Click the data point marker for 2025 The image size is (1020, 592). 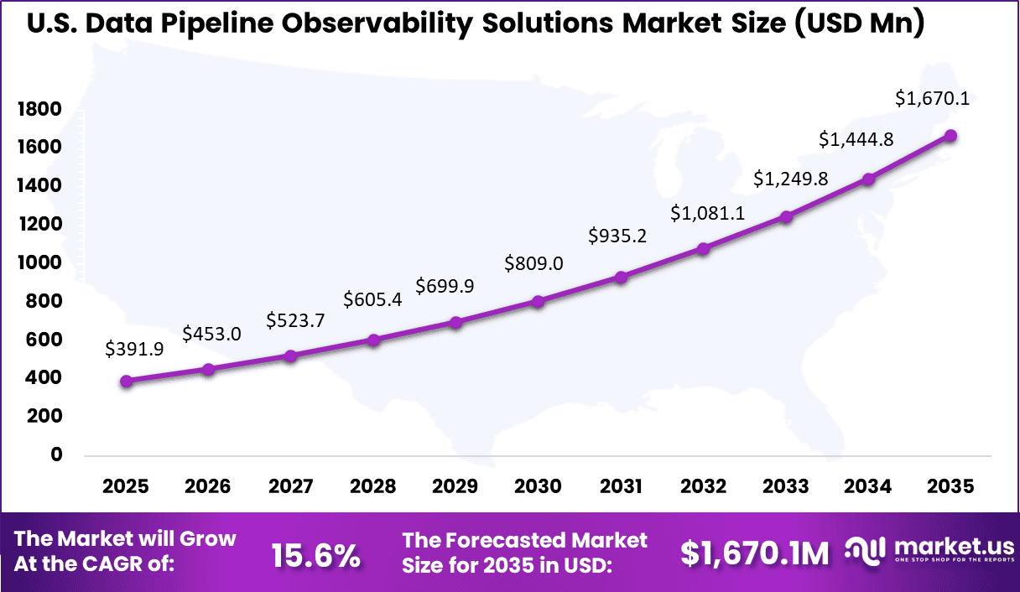127,381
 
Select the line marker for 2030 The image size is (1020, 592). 539,301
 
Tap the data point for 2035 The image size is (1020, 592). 950,136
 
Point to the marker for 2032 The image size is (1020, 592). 703,248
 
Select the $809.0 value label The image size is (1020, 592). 533,263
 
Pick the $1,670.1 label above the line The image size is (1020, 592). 932,99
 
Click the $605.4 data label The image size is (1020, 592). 373,299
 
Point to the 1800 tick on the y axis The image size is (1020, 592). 39,109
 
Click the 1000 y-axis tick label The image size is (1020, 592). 39,262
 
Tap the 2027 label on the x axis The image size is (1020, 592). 290,487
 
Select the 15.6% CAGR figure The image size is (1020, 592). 315,554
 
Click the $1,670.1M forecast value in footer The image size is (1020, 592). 754,553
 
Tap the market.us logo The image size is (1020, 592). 928,549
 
